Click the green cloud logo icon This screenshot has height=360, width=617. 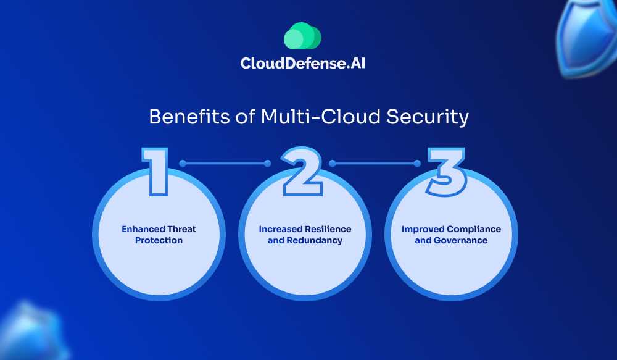pos(302,36)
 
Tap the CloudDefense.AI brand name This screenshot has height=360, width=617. pos(302,64)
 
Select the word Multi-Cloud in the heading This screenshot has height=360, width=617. pos(300,117)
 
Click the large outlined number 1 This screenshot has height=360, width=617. pos(154,170)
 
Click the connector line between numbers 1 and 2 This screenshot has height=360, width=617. pos(225,164)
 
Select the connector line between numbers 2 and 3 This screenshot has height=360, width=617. pos(375,164)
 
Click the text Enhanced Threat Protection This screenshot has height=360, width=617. pos(159,235)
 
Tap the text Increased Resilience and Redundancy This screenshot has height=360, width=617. pos(305,235)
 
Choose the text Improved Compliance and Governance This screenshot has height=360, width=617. pos(451,235)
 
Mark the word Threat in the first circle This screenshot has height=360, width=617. pos(182,229)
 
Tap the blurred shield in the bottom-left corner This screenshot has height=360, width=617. pos(31,333)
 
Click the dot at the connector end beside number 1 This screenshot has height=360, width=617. pos(183,164)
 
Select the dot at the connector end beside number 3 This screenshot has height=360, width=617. pos(417,164)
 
